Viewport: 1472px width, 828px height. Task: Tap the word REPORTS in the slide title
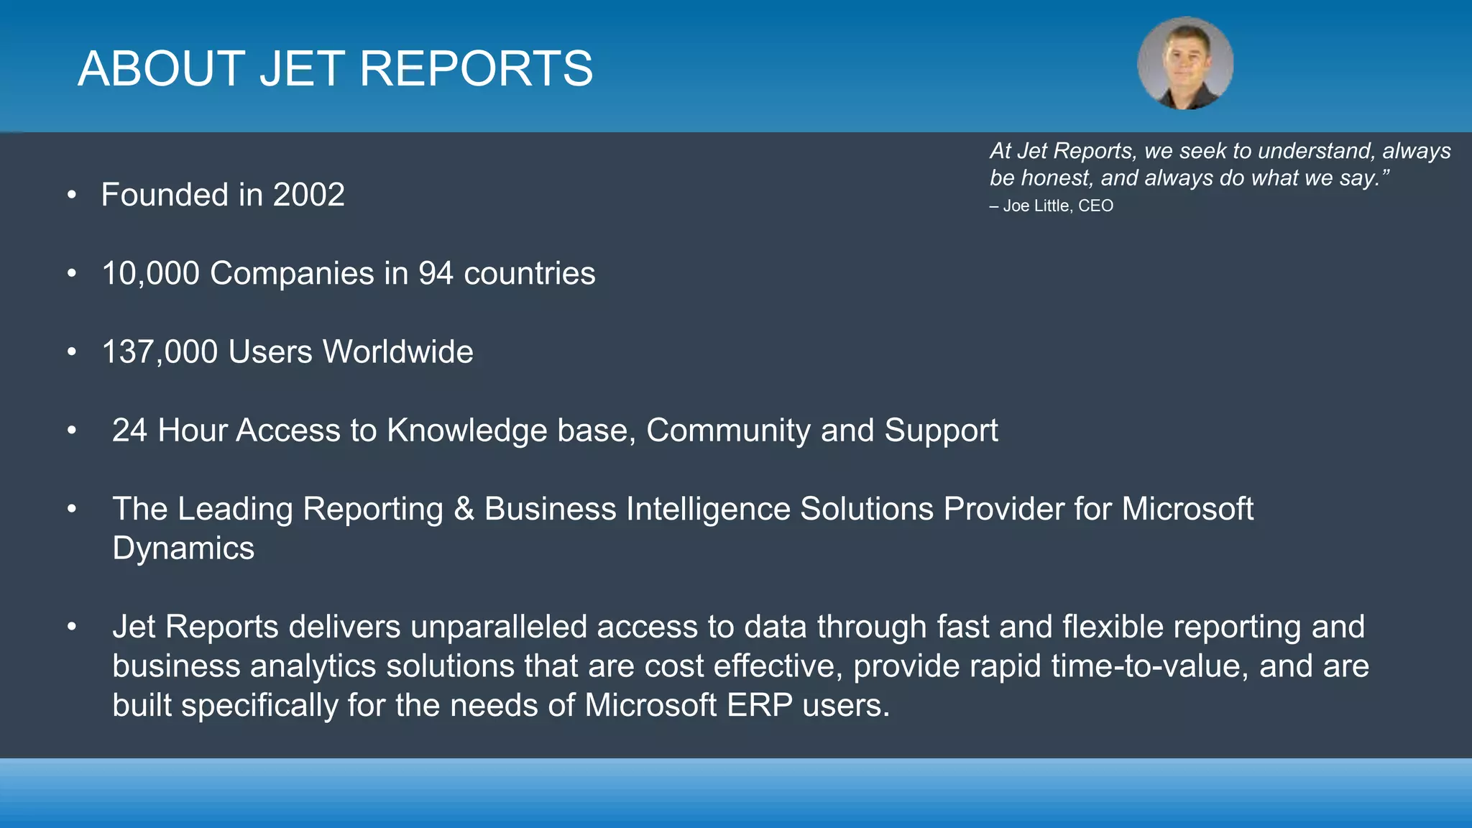click(x=476, y=69)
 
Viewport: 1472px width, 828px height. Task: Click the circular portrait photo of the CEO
click(x=1185, y=64)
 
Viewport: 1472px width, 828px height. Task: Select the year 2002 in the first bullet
click(x=308, y=195)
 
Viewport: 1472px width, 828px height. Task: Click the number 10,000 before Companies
click(x=150, y=274)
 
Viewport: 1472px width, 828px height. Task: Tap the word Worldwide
click(x=397, y=352)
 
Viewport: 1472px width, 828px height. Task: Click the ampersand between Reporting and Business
click(x=464, y=509)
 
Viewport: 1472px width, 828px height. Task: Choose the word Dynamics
click(x=183, y=548)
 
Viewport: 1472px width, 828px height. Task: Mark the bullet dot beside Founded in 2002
click(x=72, y=195)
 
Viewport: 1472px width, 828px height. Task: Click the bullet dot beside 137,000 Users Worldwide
click(x=72, y=352)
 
